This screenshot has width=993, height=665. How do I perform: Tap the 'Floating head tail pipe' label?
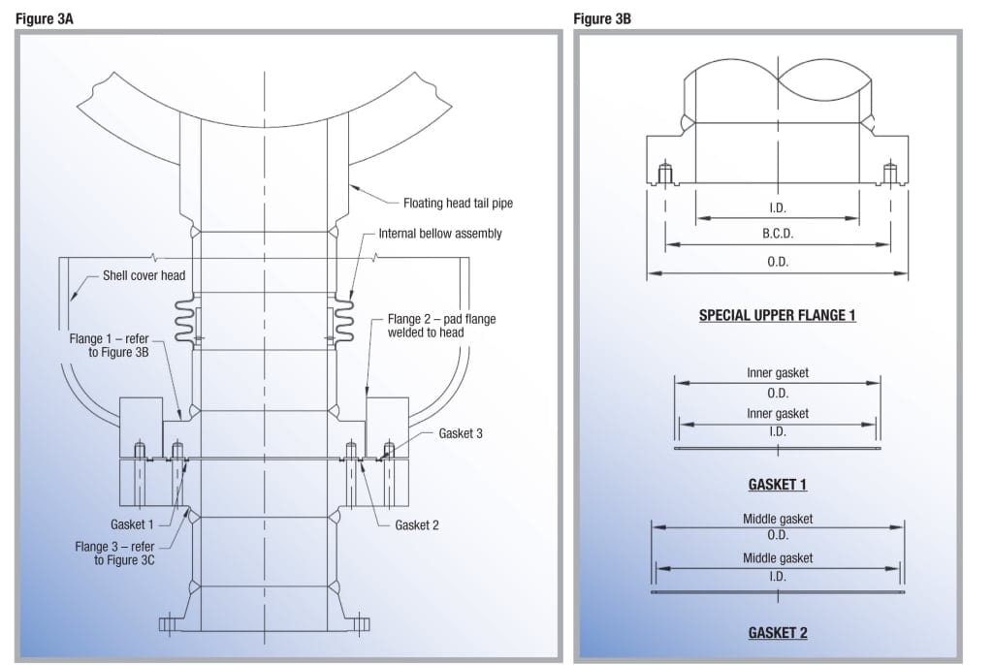[458, 203]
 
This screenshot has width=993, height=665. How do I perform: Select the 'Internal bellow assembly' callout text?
[440, 234]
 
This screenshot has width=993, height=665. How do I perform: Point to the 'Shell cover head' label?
[144, 275]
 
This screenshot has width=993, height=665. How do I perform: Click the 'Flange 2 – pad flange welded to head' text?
[441, 326]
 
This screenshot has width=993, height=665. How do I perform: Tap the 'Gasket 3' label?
[461, 433]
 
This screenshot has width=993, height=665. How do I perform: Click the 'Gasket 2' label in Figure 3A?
[417, 525]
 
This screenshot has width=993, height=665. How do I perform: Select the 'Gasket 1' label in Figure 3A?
[133, 523]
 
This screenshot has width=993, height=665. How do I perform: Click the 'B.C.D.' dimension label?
[778, 234]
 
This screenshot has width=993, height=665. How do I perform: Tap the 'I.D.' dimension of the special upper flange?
[778, 207]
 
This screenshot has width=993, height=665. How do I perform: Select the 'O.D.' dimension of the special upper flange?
[778, 262]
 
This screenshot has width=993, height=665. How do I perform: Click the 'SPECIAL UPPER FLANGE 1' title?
[777, 315]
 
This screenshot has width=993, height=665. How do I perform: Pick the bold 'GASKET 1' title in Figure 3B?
[777, 484]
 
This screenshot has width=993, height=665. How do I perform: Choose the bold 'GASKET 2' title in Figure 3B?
[777, 633]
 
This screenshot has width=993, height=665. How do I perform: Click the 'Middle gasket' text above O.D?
[778, 519]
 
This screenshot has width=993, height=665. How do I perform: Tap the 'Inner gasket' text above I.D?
[778, 414]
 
